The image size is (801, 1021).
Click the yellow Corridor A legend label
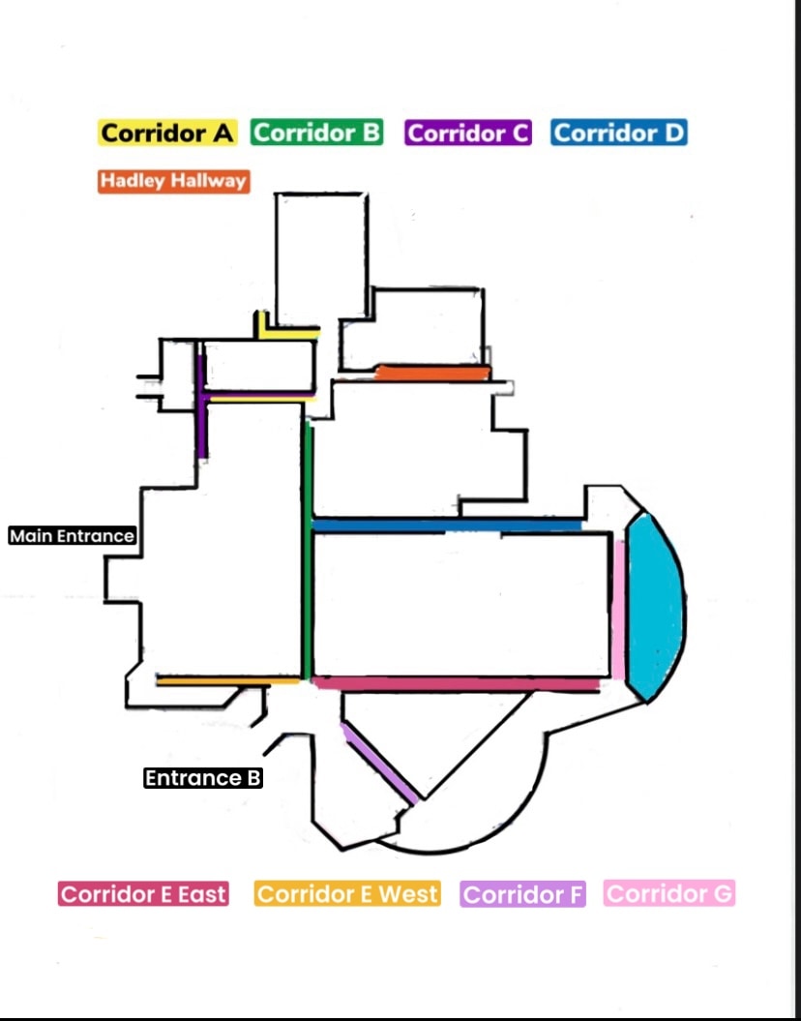point(167,134)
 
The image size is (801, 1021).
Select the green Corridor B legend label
point(317,133)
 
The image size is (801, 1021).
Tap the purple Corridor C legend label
point(468,134)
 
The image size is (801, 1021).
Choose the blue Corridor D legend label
point(619,133)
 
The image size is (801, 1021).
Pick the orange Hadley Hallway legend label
point(173,181)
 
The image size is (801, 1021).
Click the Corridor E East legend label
point(143,894)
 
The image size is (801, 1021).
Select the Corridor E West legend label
point(347,894)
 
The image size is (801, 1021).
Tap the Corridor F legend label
point(523,894)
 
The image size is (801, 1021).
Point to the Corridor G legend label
point(669,893)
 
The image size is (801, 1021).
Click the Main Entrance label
point(72,535)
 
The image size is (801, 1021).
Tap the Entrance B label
point(203,778)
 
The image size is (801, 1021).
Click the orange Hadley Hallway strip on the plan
point(432,373)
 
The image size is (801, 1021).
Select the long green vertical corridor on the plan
point(308,552)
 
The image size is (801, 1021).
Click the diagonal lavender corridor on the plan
point(380,763)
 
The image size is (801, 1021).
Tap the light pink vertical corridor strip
point(618,608)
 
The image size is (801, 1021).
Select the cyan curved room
point(653,608)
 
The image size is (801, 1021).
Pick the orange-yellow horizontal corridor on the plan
point(228,681)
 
